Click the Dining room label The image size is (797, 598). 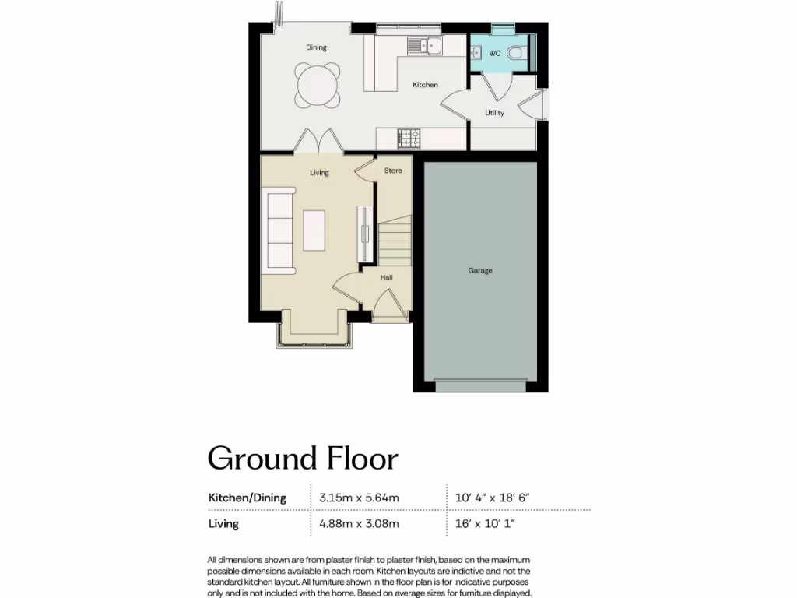[x=316, y=47]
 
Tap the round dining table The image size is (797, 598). [x=317, y=84]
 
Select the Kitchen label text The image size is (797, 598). [x=425, y=85]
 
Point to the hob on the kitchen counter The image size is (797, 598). [x=409, y=139]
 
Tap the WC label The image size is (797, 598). [x=493, y=54]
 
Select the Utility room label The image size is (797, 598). [x=494, y=113]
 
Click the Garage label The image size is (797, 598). [x=480, y=271]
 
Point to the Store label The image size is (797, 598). [x=393, y=171]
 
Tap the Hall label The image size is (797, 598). [x=386, y=277]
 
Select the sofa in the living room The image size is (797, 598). [x=280, y=230]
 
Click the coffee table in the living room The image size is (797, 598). [x=314, y=230]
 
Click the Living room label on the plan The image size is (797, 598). [x=319, y=173]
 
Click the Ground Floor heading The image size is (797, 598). [x=303, y=459]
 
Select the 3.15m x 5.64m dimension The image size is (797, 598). [x=360, y=498]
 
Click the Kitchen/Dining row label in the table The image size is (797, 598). [x=248, y=498]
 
